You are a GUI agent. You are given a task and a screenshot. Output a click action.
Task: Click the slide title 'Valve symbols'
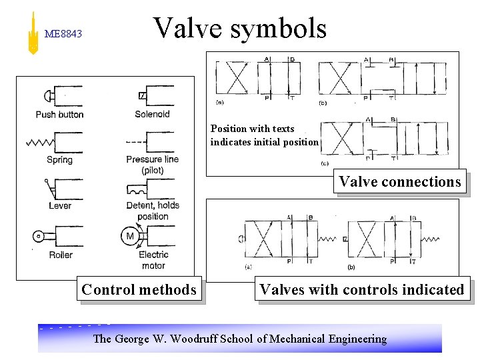pyautogui.click(x=240, y=29)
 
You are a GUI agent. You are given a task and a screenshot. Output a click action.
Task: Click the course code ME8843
pyautogui.click(x=63, y=33)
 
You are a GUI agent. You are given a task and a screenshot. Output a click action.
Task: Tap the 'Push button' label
pyautogui.click(x=60, y=115)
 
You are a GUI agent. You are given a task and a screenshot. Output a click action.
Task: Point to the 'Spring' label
pyautogui.click(x=60, y=160)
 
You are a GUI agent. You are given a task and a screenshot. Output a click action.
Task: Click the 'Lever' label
pyautogui.click(x=60, y=205)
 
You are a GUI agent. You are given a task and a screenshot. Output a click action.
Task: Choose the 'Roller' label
pyautogui.click(x=60, y=255)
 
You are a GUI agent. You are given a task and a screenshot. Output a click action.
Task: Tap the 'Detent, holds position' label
pyautogui.click(x=153, y=211)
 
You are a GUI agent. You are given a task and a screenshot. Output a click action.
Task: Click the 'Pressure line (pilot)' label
pyautogui.click(x=153, y=165)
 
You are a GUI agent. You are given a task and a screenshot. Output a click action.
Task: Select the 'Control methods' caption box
pyautogui.click(x=139, y=289)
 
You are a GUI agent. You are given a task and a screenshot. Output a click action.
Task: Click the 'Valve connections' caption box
pyautogui.click(x=399, y=181)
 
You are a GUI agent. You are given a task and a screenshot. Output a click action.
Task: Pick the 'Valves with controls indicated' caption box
pyautogui.click(x=361, y=289)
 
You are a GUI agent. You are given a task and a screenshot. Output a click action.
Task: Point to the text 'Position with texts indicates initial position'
pyautogui.click(x=264, y=135)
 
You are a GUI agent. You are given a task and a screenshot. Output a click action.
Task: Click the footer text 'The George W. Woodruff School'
pyautogui.click(x=239, y=339)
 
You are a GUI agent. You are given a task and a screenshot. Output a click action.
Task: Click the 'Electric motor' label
pyautogui.click(x=153, y=260)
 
